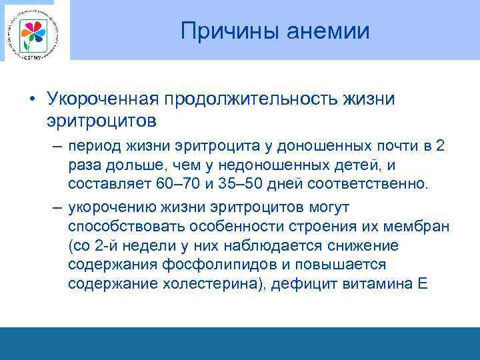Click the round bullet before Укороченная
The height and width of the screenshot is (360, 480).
click(32, 100)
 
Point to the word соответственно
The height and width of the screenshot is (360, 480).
click(369, 183)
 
